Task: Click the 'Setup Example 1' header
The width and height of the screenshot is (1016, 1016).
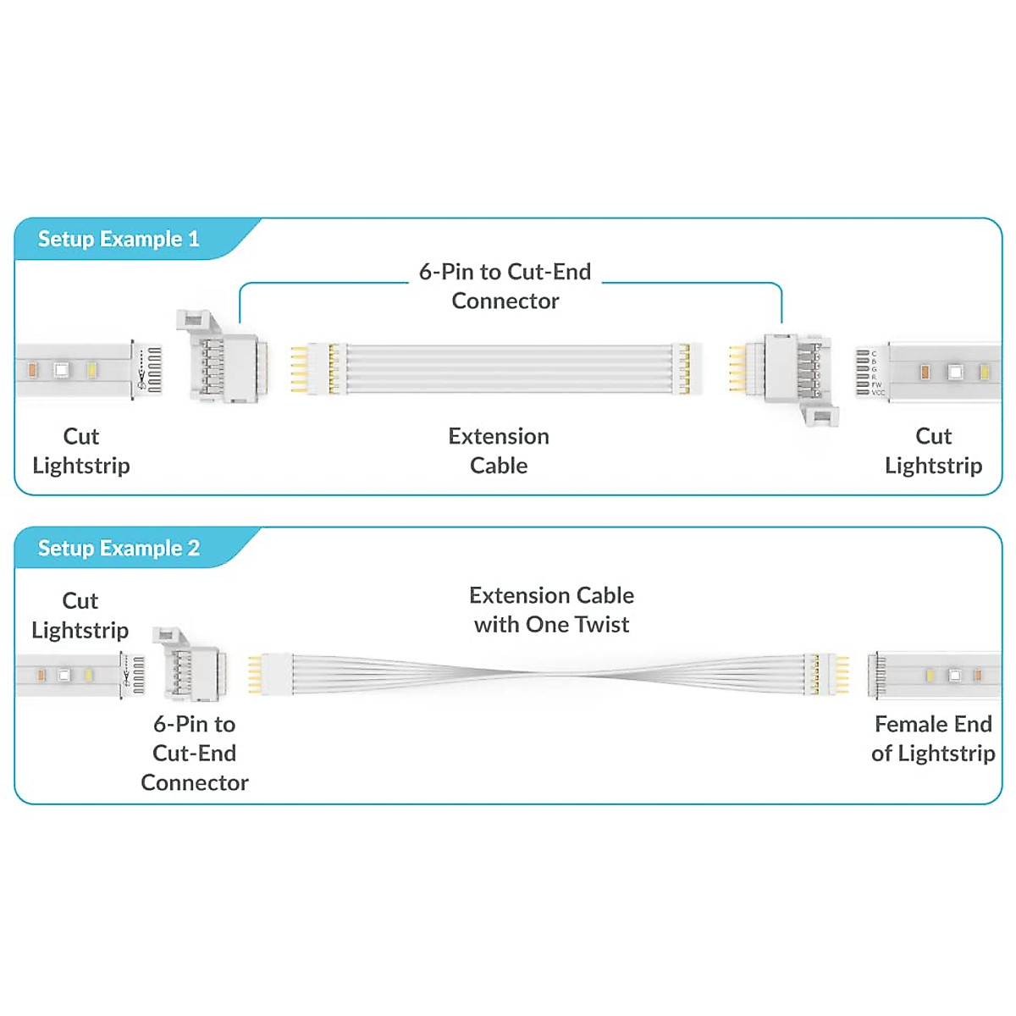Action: (119, 240)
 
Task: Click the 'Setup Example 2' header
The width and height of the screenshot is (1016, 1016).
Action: (119, 549)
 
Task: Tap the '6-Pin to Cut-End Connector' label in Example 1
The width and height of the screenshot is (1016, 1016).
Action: (505, 286)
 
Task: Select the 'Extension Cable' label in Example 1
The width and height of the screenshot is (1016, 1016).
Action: (499, 450)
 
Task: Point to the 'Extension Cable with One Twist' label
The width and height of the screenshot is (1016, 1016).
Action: (551, 610)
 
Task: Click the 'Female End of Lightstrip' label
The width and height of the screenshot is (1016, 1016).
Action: (933, 738)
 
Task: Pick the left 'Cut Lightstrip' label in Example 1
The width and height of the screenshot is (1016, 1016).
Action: (81, 450)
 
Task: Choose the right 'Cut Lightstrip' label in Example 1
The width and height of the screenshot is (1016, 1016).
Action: (933, 450)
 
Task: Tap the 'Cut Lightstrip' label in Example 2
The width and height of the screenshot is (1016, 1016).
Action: (80, 616)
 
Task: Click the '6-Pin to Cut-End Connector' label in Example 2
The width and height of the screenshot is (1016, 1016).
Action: (195, 753)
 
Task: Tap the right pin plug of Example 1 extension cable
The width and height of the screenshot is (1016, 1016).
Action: (686, 369)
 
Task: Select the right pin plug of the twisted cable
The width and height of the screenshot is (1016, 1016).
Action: (825, 675)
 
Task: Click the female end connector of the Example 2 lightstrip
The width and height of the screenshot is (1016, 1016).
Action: (877, 675)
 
